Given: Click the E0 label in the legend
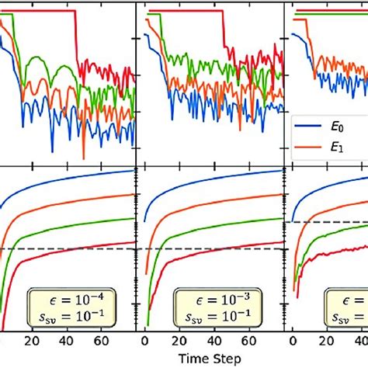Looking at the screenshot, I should (x=346, y=123).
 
